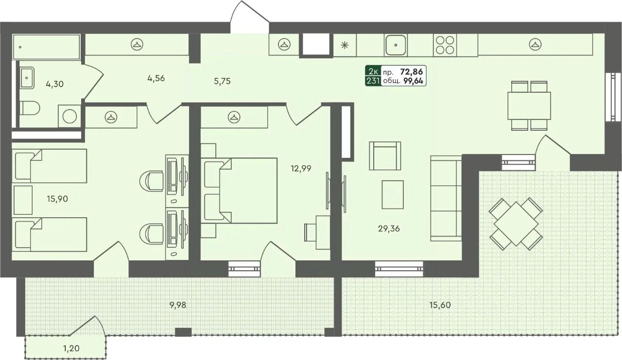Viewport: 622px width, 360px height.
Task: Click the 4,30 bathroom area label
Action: [55, 84]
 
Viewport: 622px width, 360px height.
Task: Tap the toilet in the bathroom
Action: [30, 108]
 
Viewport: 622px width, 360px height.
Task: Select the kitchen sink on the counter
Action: [396, 45]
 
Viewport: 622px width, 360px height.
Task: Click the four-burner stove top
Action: [445, 45]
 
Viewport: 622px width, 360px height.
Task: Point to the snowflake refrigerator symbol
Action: [345, 45]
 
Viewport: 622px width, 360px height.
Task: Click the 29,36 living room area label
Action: [389, 228]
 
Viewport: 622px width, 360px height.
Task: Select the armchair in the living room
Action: [385, 156]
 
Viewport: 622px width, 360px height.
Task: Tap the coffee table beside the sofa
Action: [393, 194]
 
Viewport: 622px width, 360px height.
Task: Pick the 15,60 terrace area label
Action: [440, 305]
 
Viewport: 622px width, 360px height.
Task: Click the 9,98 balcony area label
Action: [178, 305]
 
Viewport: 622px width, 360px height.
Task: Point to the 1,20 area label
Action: [71, 348]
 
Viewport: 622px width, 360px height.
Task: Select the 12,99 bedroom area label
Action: [301, 169]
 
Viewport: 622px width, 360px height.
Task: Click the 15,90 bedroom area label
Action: [57, 199]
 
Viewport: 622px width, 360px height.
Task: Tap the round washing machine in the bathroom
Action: [69, 116]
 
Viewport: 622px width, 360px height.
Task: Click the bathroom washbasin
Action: [27, 78]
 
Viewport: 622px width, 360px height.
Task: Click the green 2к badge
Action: [373, 71]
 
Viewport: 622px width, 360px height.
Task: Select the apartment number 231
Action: [373, 81]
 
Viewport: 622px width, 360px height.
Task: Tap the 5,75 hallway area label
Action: [223, 81]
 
